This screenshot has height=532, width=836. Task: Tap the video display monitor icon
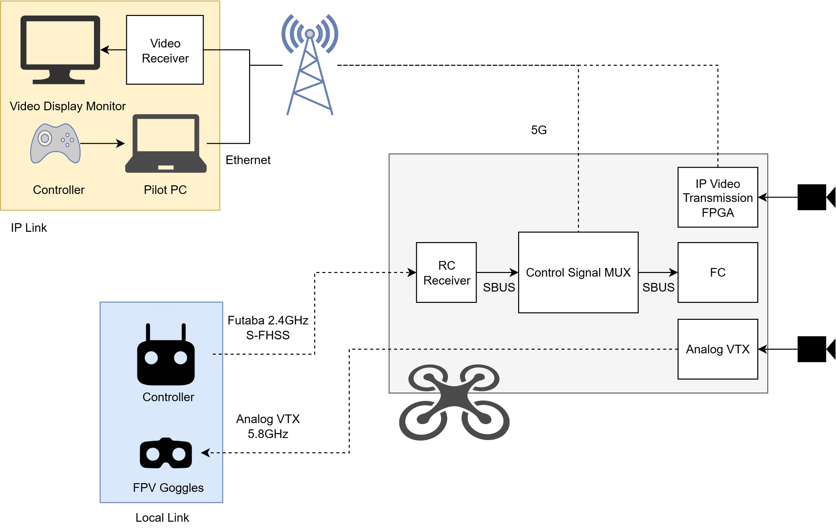tap(60, 48)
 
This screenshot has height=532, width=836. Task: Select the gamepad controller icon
tap(55, 143)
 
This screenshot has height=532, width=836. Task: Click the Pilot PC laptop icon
tap(166, 143)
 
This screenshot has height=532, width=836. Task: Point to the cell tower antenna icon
tap(309, 64)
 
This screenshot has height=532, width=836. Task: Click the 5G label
tap(538, 130)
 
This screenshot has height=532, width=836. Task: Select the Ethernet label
tap(248, 160)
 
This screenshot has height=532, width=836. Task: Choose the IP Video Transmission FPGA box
tap(717, 198)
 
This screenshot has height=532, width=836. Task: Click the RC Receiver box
tap(446, 272)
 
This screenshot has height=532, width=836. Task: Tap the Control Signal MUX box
tap(578, 272)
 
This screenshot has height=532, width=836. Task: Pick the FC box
tap(717, 272)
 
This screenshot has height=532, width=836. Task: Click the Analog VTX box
tap(717, 349)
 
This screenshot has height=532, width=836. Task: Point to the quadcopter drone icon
tap(454, 402)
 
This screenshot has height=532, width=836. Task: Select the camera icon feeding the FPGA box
tap(815, 197)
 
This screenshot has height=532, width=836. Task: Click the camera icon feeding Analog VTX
tap(815, 349)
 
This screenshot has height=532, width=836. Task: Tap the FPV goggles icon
tap(166, 453)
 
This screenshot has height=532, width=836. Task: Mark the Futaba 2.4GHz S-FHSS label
tap(268, 327)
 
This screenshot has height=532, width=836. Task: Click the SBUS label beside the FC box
tap(658, 287)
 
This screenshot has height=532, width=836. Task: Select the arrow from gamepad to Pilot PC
tap(102, 143)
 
